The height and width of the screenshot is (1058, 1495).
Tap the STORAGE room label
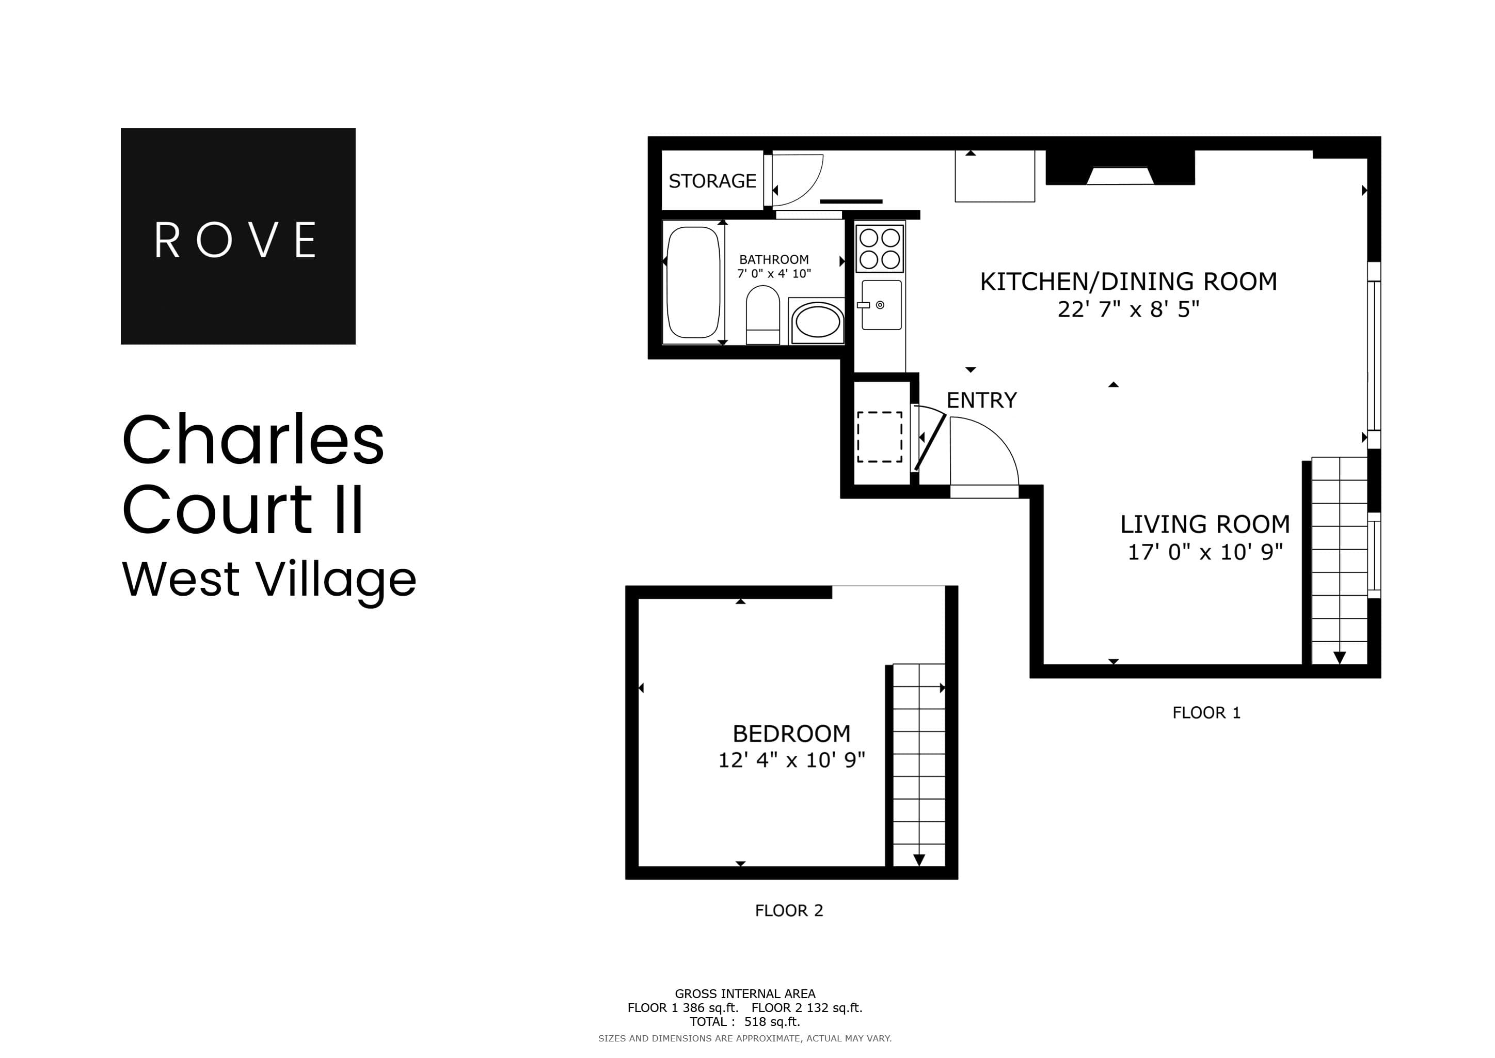pyautogui.click(x=712, y=181)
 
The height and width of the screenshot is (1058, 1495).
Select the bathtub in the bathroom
pyautogui.click(x=693, y=282)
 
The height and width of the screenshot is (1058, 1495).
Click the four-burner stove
pyautogui.click(x=879, y=248)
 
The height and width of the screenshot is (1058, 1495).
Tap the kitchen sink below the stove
pyautogui.click(x=881, y=305)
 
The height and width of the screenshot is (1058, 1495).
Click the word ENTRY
pyautogui.click(x=981, y=400)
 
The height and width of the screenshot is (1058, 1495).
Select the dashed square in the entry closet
pyautogui.click(x=879, y=437)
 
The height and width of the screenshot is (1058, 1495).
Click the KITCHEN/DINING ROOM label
pyautogui.click(x=1128, y=282)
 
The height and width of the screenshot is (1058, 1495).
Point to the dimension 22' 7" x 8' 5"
pyautogui.click(x=1128, y=309)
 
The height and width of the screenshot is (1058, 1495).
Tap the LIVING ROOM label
pyautogui.click(x=1204, y=524)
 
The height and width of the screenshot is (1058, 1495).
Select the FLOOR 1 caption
pyautogui.click(x=1206, y=713)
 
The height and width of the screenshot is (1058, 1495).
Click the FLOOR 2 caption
pyautogui.click(x=788, y=911)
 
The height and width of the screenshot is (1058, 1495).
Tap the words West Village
pyautogui.click(x=269, y=579)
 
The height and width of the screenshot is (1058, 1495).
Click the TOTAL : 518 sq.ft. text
pyautogui.click(x=745, y=1021)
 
